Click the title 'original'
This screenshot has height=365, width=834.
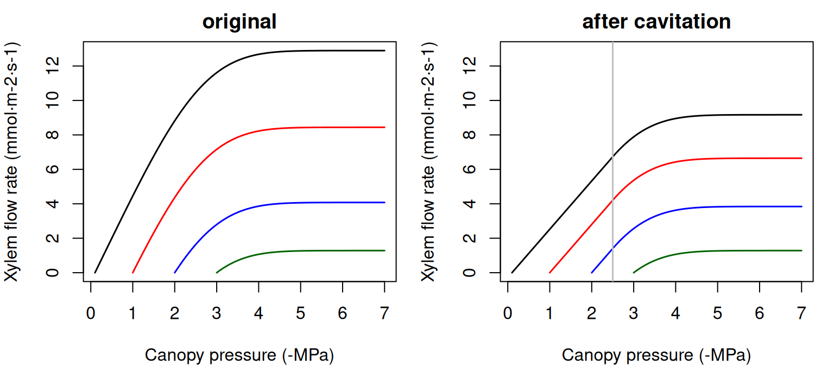point(239,22)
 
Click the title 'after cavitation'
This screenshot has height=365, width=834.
point(656,22)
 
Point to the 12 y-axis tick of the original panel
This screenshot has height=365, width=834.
point(53,66)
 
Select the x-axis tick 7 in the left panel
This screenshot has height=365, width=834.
point(384,313)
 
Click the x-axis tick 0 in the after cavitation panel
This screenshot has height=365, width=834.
point(508,313)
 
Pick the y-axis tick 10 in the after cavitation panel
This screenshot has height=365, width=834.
point(470,100)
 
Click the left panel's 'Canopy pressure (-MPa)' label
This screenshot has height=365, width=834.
point(239,355)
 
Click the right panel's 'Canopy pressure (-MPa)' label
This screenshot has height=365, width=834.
point(656,355)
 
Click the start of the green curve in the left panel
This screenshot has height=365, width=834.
point(217,273)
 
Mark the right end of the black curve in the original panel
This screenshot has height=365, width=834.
point(384,51)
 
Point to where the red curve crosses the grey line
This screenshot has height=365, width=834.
point(612,200)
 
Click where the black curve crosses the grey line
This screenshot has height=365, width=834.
point(612,157)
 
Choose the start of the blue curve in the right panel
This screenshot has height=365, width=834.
point(592,273)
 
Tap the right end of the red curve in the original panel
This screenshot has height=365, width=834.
point(384,127)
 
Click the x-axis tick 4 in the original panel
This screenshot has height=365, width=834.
point(258,313)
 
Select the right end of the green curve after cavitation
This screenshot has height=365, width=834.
point(801,250)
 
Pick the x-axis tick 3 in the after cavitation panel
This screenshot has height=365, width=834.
point(634,313)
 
